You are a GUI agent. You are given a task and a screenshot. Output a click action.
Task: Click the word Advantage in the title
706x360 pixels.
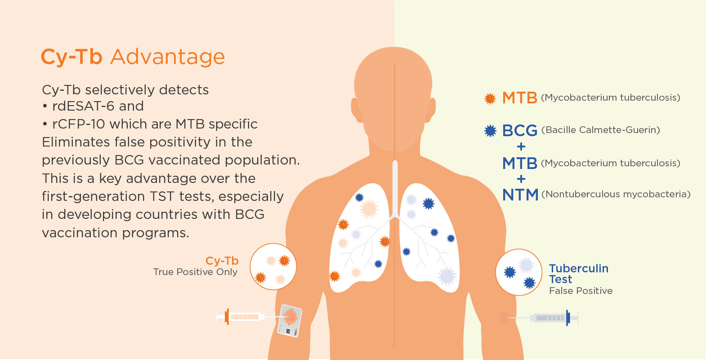pyautogui.click(x=168, y=58)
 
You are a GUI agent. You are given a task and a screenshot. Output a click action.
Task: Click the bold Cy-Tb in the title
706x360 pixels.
pyautogui.click(x=71, y=58)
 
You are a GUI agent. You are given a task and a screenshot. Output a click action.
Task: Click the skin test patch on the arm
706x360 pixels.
pyautogui.click(x=290, y=320)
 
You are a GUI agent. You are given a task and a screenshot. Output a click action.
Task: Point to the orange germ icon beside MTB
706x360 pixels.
pyautogui.click(x=490, y=98)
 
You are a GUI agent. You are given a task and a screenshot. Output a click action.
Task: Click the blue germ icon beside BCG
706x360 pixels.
pyautogui.click(x=490, y=131)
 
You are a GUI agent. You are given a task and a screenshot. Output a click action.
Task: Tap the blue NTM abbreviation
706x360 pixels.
pyautogui.click(x=520, y=195)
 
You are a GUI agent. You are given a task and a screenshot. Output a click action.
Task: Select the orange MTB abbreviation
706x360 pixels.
pyautogui.click(x=519, y=98)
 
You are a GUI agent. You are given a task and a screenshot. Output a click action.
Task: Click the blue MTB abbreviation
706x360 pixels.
pyautogui.click(x=519, y=164)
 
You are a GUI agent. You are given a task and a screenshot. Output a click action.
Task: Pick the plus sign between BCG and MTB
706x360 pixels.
pyautogui.click(x=521, y=147)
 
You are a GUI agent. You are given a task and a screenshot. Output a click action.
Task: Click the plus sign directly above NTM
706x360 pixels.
pyautogui.click(x=521, y=179)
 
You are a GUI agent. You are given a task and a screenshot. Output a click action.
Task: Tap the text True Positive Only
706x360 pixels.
pyautogui.click(x=195, y=272)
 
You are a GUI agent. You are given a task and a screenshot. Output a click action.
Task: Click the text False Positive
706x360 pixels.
pyautogui.click(x=581, y=291)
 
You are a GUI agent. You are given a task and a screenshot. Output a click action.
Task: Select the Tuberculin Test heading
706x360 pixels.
pyautogui.click(x=579, y=274)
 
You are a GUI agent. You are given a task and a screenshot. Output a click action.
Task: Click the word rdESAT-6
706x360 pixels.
pyautogui.click(x=83, y=106)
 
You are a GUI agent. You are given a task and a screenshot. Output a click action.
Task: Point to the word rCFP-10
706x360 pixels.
pyautogui.click(x=79, y=124)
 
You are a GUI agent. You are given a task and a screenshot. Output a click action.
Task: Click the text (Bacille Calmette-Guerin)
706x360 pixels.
pyautogui.click(x=600, y=130)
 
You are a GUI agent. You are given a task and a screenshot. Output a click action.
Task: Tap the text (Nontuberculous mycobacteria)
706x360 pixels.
pyautogui.click(x=616, y=194)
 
